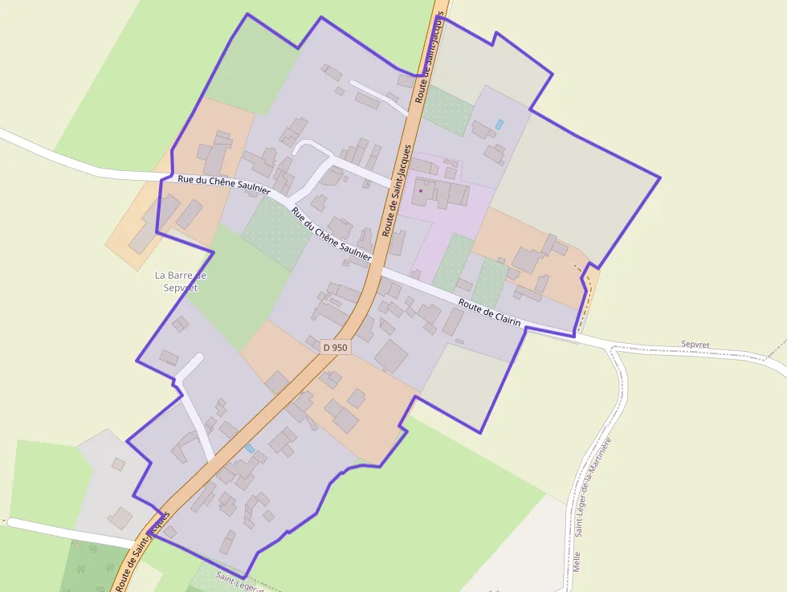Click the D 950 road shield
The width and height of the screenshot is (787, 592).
coord(335,347)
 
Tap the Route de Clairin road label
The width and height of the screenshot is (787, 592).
coord(490,313)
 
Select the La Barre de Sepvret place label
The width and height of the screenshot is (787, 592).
coord(181,281)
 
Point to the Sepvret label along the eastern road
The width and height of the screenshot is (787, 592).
coord(695,344)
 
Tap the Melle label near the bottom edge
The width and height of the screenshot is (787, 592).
coord(577,561)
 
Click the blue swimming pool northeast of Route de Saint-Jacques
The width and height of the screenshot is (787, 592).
coord(500,125)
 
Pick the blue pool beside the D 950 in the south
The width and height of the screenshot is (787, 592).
coord(250,447)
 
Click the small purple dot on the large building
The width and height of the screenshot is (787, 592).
coord(420,191)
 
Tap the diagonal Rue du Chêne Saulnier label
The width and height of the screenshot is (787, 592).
coord(332,234)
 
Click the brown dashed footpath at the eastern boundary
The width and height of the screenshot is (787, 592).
coord(589,289)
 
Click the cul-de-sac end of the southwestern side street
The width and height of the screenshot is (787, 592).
coord(198,359)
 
